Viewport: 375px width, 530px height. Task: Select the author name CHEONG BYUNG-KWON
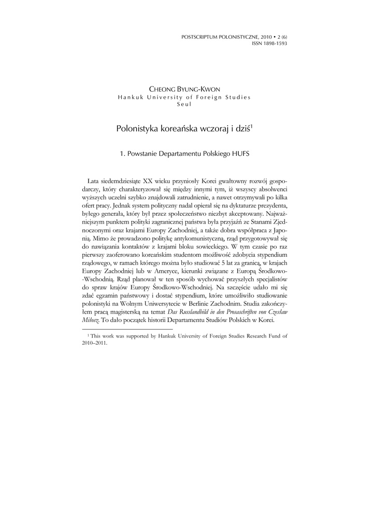[184, 90]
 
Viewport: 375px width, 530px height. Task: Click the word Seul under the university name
[184, 104]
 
